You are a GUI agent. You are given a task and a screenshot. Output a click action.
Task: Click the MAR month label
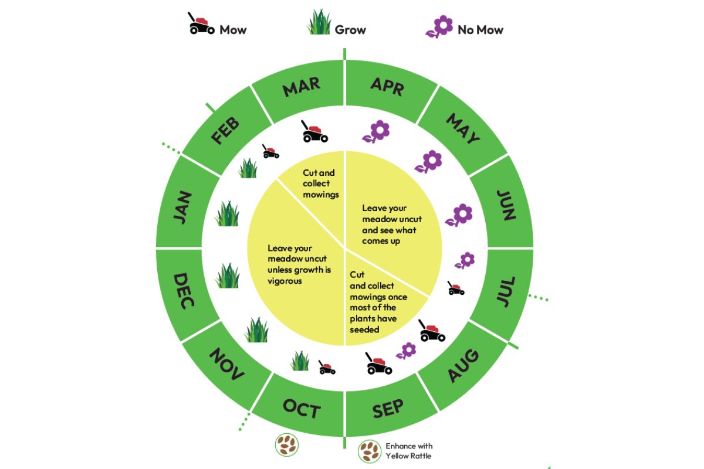[x=302, y=88]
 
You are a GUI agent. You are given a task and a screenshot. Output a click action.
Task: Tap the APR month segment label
[x=387, y=87]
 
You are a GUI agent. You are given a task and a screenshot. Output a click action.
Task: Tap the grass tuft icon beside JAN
[x=227, y=214]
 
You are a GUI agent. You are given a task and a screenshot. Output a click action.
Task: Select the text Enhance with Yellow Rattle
[x=409, y=451]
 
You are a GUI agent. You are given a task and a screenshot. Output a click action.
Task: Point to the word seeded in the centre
[x=364, y=329]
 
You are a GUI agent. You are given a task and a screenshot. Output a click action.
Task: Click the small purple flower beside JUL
[x=466, y=260]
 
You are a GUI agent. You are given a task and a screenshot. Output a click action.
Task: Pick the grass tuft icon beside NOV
[x=256, y=330]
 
